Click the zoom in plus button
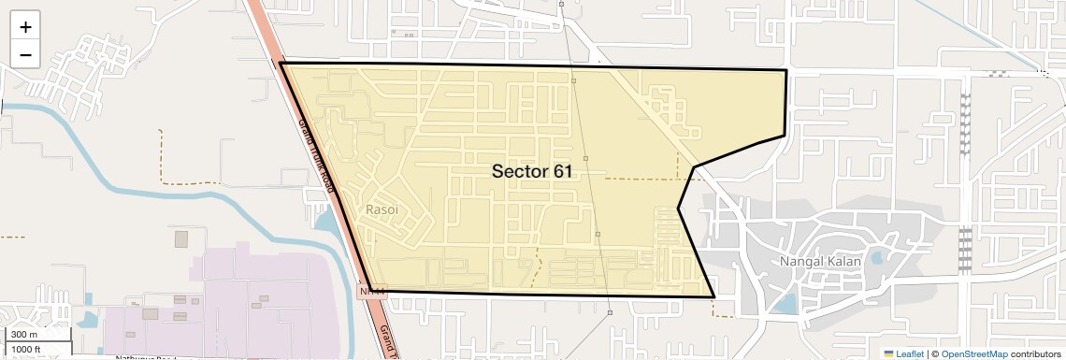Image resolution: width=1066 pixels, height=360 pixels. tap(25, 27)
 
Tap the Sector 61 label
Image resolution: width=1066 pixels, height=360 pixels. tap(531, 172)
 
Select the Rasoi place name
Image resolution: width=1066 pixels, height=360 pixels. tap(382, 209)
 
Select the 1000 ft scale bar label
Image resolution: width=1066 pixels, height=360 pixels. tap(26, 349)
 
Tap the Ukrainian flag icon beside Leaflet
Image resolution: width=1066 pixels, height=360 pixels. tap(889, 353)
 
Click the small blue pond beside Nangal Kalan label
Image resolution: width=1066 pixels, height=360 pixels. tap(876, 257)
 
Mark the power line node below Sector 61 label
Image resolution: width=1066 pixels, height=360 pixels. tap(598, 234)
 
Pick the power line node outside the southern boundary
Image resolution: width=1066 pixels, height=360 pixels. tap(610, 312)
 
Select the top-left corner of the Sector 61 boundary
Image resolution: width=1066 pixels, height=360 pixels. tap(281, 63)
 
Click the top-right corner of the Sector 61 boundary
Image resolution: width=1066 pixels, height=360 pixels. tap(785, 70)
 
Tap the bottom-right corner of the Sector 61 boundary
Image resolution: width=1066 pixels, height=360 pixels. tap(714, 297)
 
